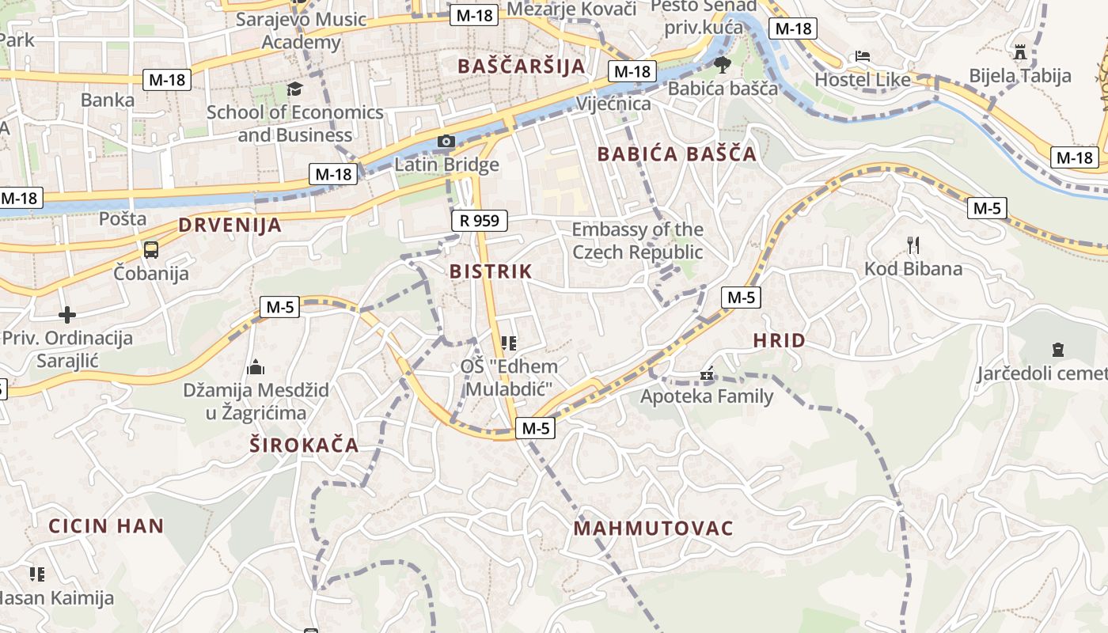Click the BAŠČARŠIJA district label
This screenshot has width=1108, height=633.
click(522, 66)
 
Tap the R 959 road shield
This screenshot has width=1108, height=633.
click(479, 221)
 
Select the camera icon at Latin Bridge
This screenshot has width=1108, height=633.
click(446, 142)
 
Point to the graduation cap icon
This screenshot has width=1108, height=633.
click(294, 89)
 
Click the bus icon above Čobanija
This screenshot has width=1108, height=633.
click(150, 250)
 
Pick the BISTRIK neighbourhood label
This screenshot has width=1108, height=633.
click(491, 271)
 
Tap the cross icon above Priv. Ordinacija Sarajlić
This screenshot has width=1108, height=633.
click(67, 315)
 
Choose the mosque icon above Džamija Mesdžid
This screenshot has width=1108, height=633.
click(256, 367)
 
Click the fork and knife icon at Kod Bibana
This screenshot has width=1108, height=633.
click(913, 244)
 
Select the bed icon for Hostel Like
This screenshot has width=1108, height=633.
click(863, 56)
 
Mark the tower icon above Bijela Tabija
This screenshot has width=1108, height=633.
click(1020, 52)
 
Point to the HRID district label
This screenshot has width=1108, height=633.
click(779, 341)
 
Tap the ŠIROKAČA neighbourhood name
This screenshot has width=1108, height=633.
click(305, 445)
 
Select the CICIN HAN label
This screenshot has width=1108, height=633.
click(106, 525)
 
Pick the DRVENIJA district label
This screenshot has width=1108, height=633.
click(230, 225)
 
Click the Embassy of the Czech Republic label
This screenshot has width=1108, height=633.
click(637, 241)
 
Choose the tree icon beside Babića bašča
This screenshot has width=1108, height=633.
click(722, 64)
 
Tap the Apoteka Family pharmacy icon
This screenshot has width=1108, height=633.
click(708, 373)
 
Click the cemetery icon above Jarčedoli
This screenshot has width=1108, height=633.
click(1058, 349)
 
